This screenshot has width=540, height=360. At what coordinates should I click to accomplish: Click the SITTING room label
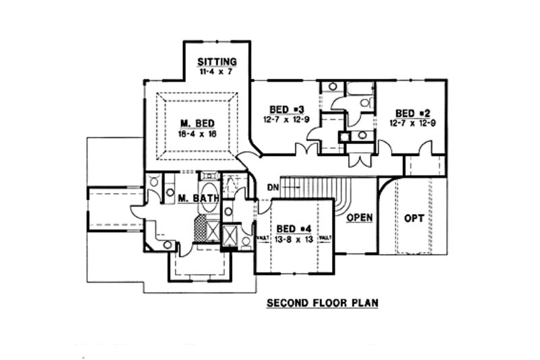(217, 62)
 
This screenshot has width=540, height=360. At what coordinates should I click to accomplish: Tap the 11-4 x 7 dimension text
(217, 71)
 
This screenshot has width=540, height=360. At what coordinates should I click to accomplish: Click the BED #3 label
(284, 109)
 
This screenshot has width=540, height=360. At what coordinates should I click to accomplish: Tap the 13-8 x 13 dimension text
(294, 239)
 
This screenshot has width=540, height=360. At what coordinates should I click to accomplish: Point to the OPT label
(414, 219)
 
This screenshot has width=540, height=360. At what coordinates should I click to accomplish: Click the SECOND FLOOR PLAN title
(321, 303)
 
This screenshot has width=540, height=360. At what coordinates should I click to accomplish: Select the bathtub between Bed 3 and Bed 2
(359, 89)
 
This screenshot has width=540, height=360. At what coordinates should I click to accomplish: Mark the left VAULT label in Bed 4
(263, 238)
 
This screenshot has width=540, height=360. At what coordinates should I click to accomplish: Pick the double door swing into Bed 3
(310, 149)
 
